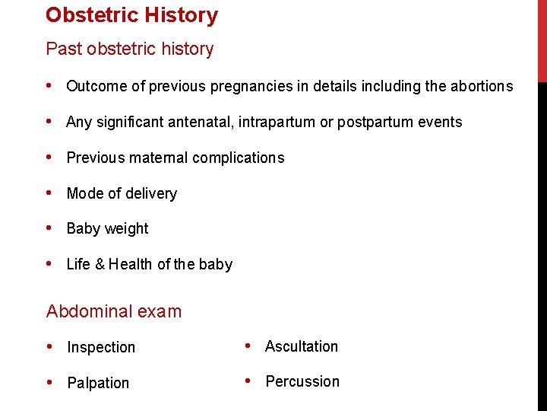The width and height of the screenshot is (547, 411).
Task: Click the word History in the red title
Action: click(183, 14)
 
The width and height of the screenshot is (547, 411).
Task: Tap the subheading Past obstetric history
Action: click(130, 49)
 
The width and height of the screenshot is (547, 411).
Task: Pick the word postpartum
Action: click(375, 122)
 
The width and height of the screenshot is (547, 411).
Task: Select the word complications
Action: click(235, 158)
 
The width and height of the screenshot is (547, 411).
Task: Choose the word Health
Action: click(131, 264)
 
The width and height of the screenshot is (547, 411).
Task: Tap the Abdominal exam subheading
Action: click(114, 311)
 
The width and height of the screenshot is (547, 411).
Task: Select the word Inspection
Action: click(101, 347)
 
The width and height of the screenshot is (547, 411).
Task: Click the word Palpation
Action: click(98, 383)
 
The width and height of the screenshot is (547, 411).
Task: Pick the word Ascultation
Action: click(302, 346)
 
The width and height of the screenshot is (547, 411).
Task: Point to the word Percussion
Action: click(302, 381)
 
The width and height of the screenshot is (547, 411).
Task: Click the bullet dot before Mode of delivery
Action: click(50, 193)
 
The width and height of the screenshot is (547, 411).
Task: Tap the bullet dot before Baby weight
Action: click(50, 228)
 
